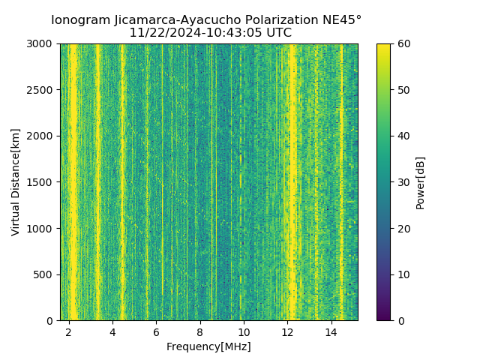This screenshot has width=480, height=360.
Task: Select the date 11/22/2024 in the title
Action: coord(160,33)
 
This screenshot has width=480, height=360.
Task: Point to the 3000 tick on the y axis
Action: coord(41,44)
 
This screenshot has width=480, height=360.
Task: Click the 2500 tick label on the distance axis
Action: coord(41,90)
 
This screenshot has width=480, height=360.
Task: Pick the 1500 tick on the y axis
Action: coord(41,182)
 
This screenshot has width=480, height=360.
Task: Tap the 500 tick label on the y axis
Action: coord(44,274)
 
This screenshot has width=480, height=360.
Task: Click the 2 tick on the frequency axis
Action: coord(69,331)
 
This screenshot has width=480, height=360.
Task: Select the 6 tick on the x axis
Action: coord(156,331)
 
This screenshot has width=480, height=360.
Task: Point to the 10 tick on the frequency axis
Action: coord(244,331)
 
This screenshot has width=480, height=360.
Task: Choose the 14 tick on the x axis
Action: coord(331,331)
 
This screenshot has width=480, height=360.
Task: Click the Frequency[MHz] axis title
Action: coord(208,346)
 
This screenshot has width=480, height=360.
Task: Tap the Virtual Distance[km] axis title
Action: coord(16,182)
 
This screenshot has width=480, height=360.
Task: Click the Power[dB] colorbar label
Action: coord(421,182)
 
